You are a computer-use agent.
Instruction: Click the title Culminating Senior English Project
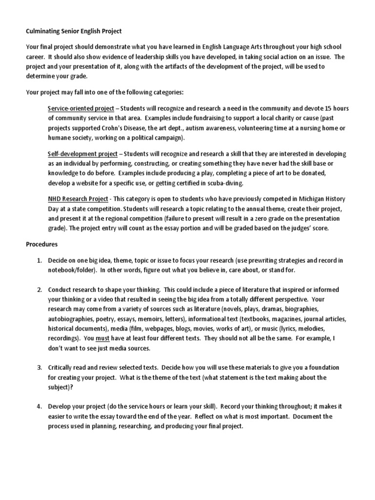[73, 31]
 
